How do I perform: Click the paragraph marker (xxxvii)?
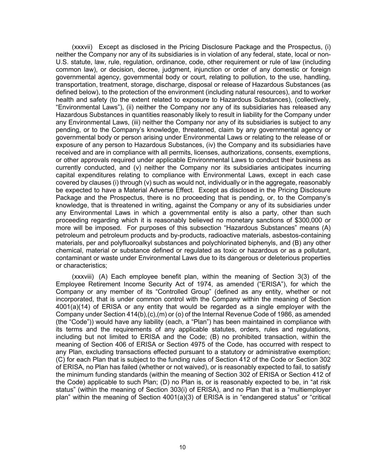pos(82,47)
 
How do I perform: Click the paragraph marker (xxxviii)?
pos(83,277)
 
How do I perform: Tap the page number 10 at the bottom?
pos(183,447)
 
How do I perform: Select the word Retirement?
pos(101,284)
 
